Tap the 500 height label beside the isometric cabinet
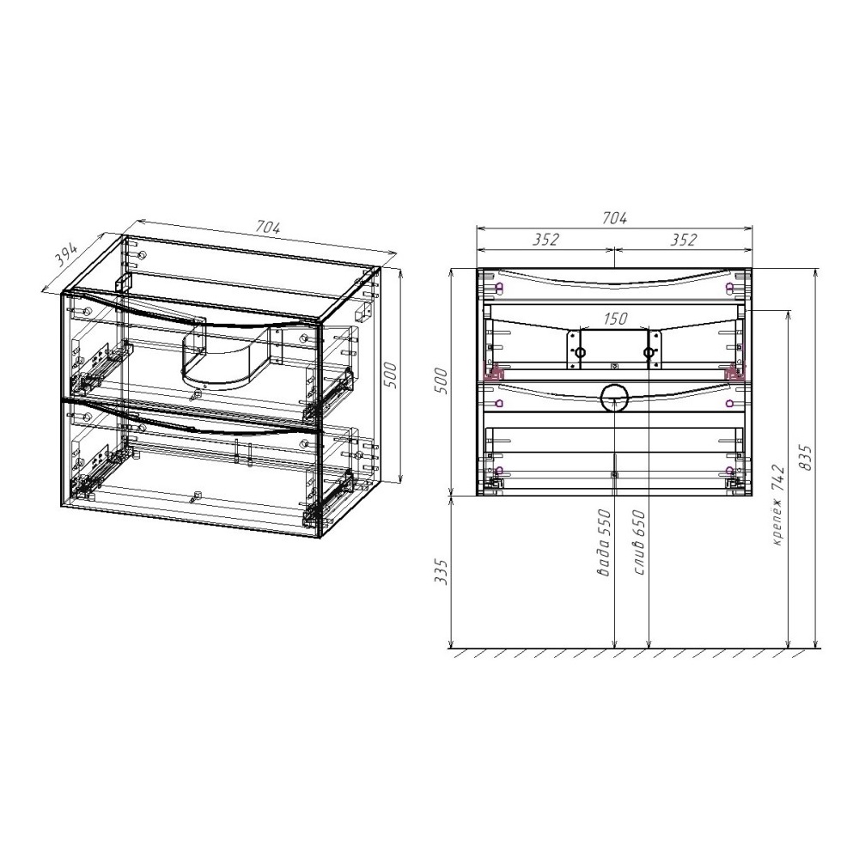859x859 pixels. click(390, 375)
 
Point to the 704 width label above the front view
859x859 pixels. click(614, 217)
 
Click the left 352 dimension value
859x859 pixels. click(545, 240)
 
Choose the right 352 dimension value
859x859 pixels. click(683, 240)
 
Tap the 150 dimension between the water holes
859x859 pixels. click(615, 319)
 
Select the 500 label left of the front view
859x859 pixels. click(442, 381)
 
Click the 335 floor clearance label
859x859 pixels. click(442, 572)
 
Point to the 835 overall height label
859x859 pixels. click(806, 458)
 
